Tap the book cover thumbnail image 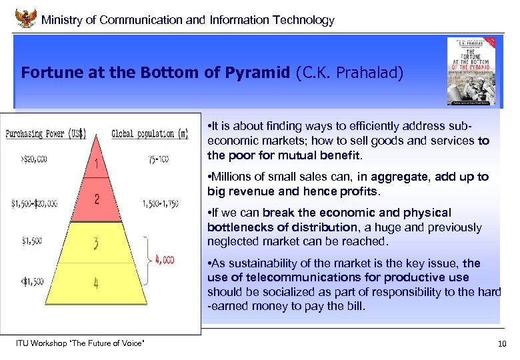pyautogui.click(x=471, y=71)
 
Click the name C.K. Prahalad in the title pyautogui.click(x=349, y=72)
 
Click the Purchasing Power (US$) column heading pyautogui.click(x=46, y=133)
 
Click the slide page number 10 pyautogui.click(x=501, y=344)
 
